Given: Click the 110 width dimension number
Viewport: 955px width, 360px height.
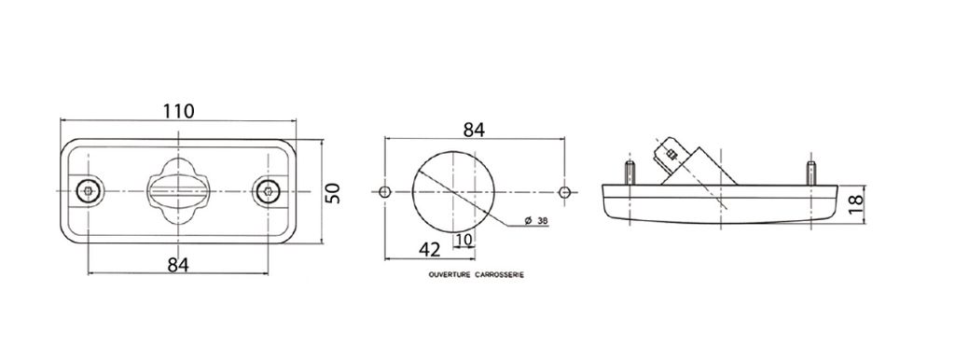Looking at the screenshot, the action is click(178, 112).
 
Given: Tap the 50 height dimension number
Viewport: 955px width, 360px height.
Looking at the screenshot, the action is click(332, 192).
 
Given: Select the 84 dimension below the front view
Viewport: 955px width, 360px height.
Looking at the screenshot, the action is click(178, 264).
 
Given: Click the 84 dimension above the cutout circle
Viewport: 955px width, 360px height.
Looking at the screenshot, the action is click(474, 130).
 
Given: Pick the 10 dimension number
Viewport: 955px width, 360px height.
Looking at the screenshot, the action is click(464, 240).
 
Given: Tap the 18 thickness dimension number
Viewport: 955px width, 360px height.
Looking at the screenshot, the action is click(855, 201).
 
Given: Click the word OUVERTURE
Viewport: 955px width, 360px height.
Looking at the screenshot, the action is click(450, 275).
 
